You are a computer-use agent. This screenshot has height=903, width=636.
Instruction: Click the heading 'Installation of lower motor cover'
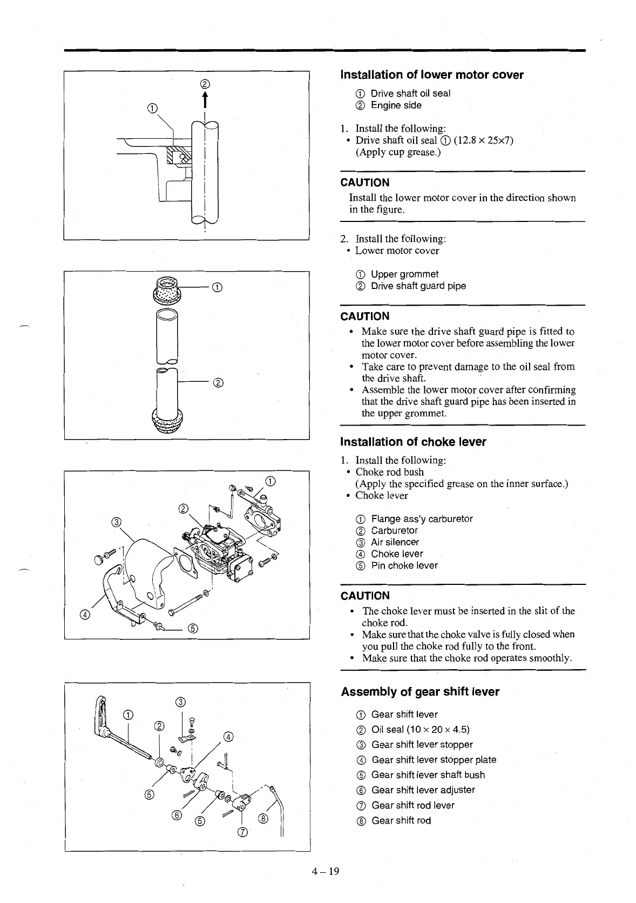click(431, 75)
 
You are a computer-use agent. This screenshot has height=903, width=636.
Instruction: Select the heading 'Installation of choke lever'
click(413, 442)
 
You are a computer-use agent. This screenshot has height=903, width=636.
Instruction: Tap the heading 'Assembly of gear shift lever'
click(420, 692)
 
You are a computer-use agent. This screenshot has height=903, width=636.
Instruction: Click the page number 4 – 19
click(326, 871)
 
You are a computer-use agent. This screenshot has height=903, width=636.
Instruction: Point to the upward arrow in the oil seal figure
click(205, 101)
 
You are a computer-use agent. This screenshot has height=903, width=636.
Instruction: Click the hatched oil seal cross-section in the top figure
click(178, 155)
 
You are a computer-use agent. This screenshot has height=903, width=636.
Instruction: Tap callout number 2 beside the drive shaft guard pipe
click(219, 383)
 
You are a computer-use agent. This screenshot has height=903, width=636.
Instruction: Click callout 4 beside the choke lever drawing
click(84, 614)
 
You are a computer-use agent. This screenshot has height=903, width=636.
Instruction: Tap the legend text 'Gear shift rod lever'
click(412, 805)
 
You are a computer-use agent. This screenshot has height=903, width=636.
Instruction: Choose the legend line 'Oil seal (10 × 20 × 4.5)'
click(420, 730)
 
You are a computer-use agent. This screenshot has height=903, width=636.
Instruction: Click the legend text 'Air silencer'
click(395, 542)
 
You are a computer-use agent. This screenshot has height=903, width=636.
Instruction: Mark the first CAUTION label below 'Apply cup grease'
click(365, 183)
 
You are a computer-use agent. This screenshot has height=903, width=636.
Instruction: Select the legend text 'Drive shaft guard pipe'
click(418, 286)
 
